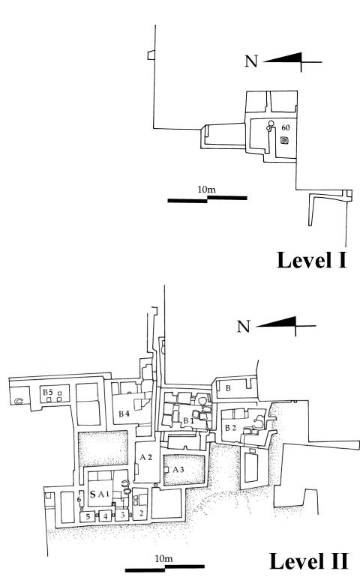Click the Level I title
click(x=311, y=260)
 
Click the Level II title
click(x=308, y=561)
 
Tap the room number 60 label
click(x=286, y=128)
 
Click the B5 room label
click(x=48, y=392)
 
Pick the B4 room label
click(x=124, y=414)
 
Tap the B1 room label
click(x=188, y=420)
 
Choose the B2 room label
click(x=231, y=428)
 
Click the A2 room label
click(x=146, y=457)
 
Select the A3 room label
click(x=178, y=470)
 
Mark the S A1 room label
click(x=100, y=494)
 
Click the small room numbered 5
click(x=88, y=516)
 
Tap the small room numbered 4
click(x=106, y=516)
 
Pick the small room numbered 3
click(x=122, y=515)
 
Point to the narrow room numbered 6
click(x=79, y=499)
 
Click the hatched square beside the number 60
click(x=284, y=140)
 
